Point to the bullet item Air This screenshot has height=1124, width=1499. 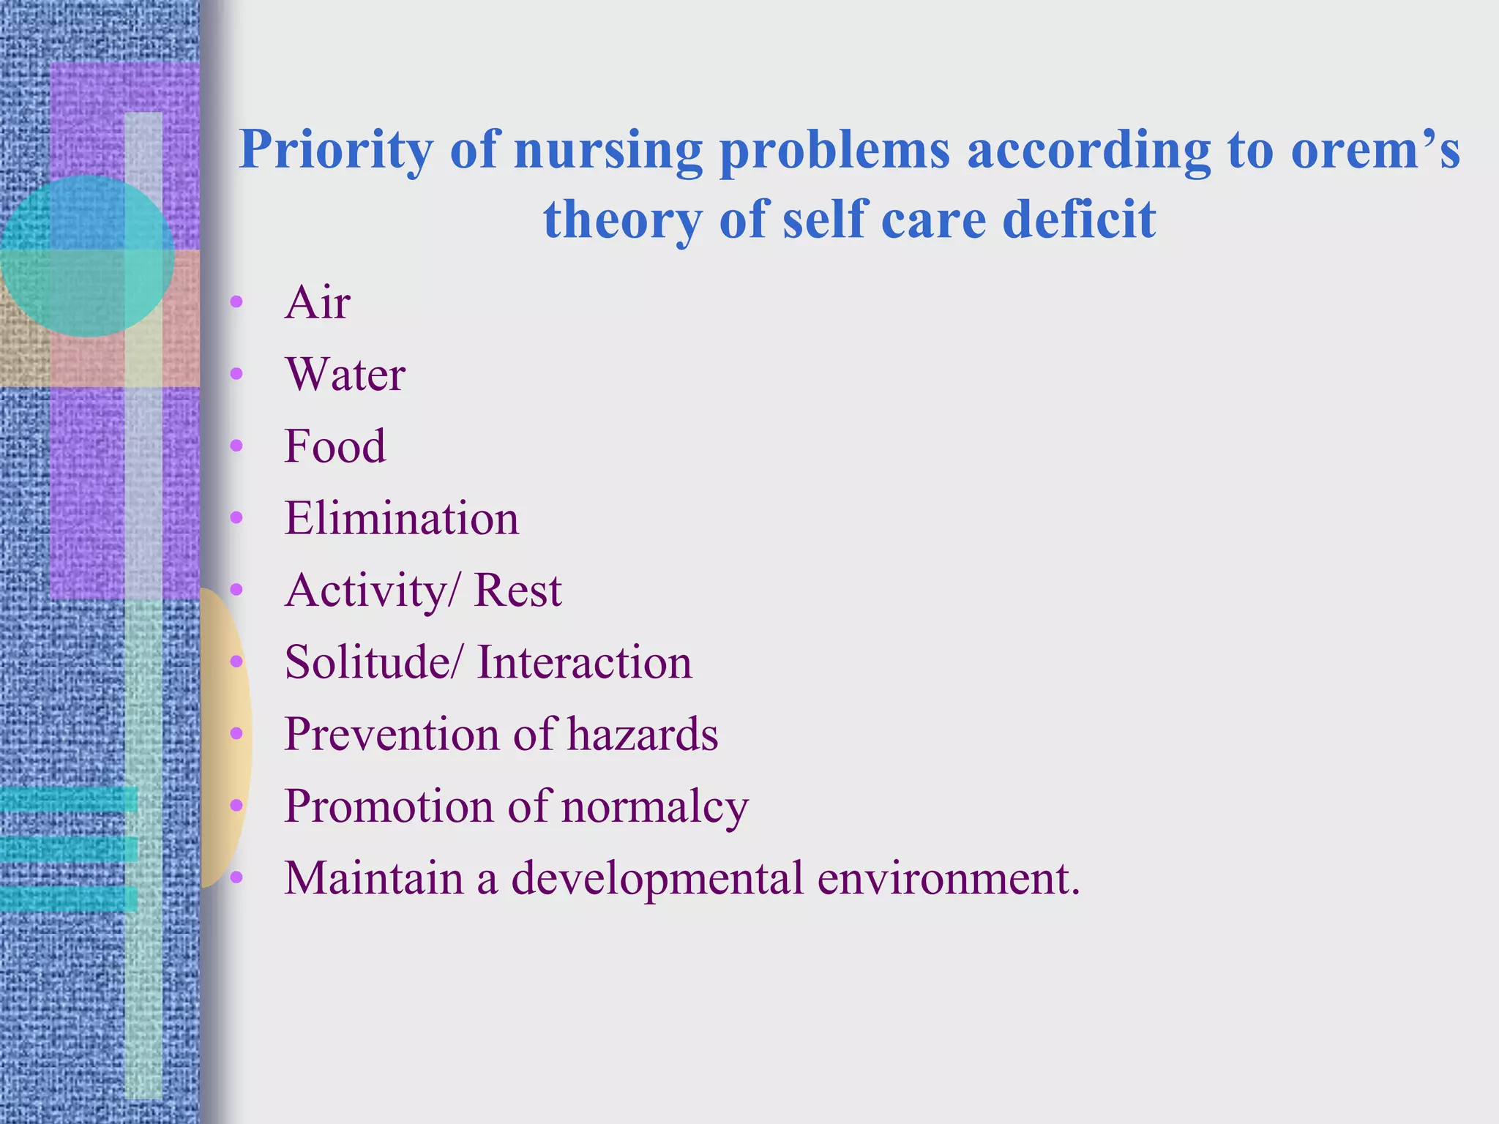317,302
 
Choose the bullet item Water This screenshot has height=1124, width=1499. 345,375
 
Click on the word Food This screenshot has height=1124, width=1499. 334,446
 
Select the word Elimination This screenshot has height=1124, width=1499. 401,518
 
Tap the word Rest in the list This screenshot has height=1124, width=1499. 517,590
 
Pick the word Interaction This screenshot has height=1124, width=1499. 584,662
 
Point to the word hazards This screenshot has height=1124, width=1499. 643,734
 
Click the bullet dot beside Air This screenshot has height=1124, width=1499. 236,302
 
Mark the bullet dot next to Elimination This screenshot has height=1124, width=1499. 236,518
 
